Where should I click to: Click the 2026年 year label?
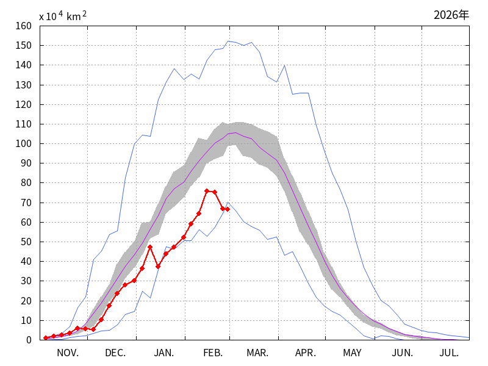451,15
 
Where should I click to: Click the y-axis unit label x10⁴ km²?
63,16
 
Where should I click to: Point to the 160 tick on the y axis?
24,26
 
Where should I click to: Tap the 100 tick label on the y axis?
24,143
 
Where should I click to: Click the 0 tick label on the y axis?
29,340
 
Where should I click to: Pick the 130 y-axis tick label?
24,85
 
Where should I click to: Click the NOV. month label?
68,353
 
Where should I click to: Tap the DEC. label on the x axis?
115,353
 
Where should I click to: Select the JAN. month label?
163,353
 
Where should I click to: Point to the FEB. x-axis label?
212,353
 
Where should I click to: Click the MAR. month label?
257,353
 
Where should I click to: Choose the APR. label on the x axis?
305,353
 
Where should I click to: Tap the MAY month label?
352,353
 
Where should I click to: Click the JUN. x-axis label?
402,353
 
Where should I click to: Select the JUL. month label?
450,353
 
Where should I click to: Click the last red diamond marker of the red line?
228,209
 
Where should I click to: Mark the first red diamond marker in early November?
46,338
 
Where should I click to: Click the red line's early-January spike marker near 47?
150,247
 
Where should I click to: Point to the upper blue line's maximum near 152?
228,41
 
